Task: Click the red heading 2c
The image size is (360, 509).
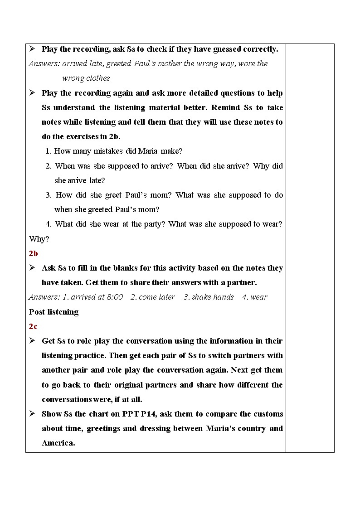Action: [33, 326]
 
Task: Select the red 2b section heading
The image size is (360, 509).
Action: [34, 253]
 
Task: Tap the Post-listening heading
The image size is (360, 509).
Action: [54, 312]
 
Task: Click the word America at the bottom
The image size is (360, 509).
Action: [58, 443]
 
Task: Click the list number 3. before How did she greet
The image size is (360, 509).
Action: [49, 195]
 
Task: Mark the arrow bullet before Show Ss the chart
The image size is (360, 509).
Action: [33, 413]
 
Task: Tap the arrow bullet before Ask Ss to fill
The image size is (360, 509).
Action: [33, 267]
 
